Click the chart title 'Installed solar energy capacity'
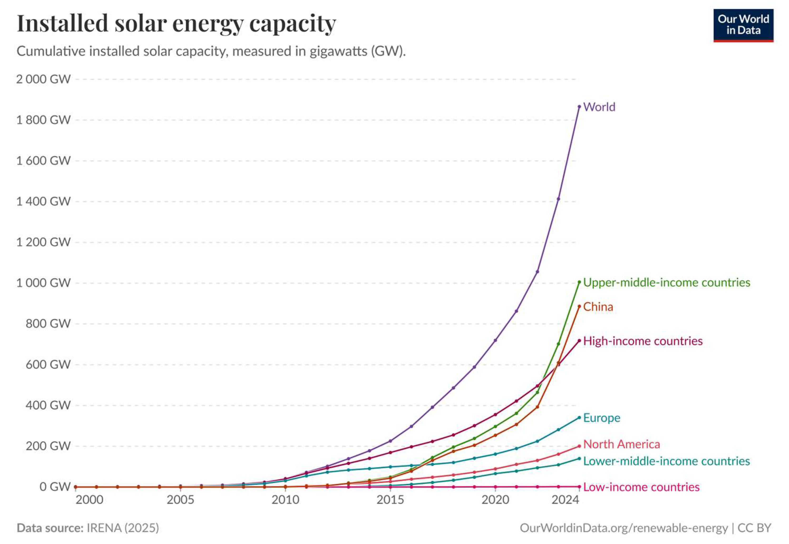coord(176,24)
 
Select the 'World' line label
coord(599,107)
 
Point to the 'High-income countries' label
coord(643,341)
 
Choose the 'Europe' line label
coord(602,418)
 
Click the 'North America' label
coord(621,444)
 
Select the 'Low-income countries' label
coord(641,487)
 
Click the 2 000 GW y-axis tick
coord(43,79)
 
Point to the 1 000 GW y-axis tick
coord(43,283)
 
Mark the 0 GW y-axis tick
coord(55,487)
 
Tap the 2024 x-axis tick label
coord(565,500)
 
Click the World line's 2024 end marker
coord(579,107)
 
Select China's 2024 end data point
coord(579,307)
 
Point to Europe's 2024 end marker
coord(579,417)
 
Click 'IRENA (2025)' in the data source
coord(123,528)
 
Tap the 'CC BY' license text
coord(754,528)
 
